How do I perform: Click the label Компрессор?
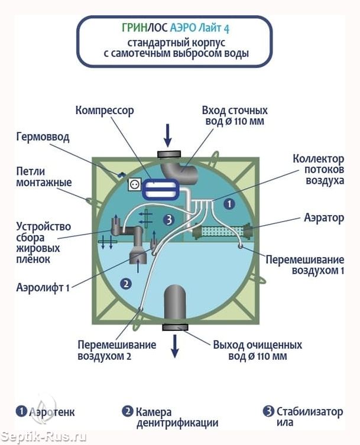point(105,111)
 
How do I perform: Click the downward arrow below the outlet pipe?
point(175,346)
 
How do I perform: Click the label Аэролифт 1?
point(43,288)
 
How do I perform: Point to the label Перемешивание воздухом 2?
point(116,350)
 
